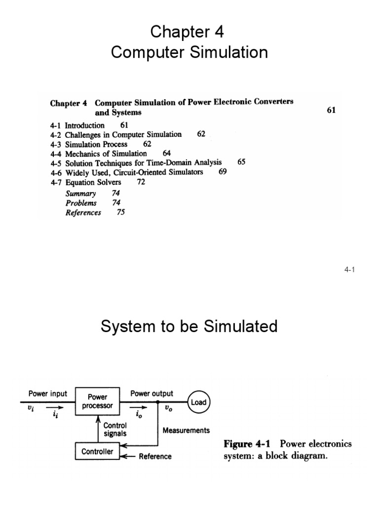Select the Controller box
pyautogui.click(x=97, y=451)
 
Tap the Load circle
pyautogui.click(x=198, y=402)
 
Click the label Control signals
pyautogui.click(x=115, y=429)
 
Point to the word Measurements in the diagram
pyautogui.click(x=186, y=430)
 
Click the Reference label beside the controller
pyautogui.click(x=155, y=457)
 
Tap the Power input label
pyautogui.click(x=47, y=394)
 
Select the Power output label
pyautogui.click(x=152, y=394)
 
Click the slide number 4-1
pyautogui.click(x=350, y=270)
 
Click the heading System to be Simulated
pyautogui.click(x=189, y=327)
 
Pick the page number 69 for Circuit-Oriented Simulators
pyautogui.click(x=223, y=172)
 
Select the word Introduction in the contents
pyautogui.click(x=84, y=126)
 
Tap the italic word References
pyautogui.click(x=83, y=213)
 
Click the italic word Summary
pyautogui.click(x=80, y=194)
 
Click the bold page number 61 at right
pyautogui.click(x=331, y=110)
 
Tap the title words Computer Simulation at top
pyautogui.click(x=189, y=52)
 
